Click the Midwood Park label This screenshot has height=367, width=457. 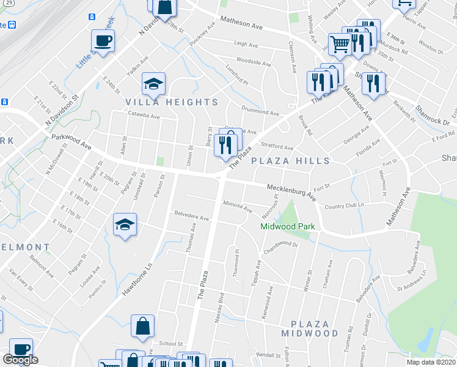coord(288,226)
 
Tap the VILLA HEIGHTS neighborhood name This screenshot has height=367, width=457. coord(172,102)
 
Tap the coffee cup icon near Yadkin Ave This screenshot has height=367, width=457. coord(103,42)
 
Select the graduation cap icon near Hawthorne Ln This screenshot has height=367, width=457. coord(125,224)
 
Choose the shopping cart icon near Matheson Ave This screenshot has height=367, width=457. coord(340,43)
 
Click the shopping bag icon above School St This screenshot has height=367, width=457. coord(142,327)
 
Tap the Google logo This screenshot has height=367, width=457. coord(20,360)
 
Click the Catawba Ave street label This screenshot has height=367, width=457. coord(144,116)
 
